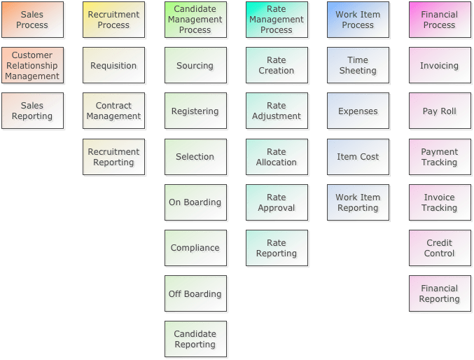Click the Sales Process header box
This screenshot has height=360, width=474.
point(32,20)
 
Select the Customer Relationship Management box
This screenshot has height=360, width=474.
point(32,66)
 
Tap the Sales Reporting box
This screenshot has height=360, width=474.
point(32,111)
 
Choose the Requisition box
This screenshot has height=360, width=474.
point(114,66)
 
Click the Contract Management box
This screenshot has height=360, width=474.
point(114,111)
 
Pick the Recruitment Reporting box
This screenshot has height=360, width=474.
point(114,157)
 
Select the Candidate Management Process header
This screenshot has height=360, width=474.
point(195,20)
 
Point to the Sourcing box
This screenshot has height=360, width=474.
point(195,66)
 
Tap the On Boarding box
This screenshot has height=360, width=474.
point(195,202)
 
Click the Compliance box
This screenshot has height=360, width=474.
point(195,248)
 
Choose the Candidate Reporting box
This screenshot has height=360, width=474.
point(195,339)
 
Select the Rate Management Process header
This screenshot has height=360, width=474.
point(277,20)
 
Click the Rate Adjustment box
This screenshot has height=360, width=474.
point(277,111)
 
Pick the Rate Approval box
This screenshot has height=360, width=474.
point(277,202)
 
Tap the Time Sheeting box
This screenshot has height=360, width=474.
point(358,66)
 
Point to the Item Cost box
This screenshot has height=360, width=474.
point(358,157)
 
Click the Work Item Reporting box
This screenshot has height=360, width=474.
point(358,202)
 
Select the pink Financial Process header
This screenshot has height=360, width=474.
point(440,20)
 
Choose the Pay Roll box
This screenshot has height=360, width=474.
point(440,111)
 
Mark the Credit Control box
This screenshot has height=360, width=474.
point(440,248)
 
